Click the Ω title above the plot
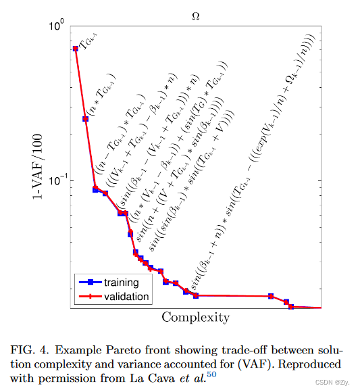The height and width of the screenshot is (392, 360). click(x=197, y=14)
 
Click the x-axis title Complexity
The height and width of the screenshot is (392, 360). click(x=195, y=317)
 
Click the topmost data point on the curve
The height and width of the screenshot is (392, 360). click(x=75, y=49)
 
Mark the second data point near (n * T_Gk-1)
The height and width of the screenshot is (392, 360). click(x=85, y=119)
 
